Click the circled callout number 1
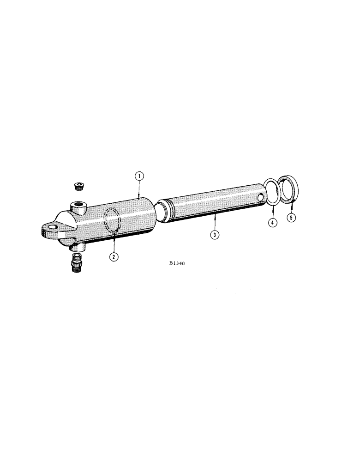(139, 176)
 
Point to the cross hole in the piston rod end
(262, 198)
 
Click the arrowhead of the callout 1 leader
(139, 198)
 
